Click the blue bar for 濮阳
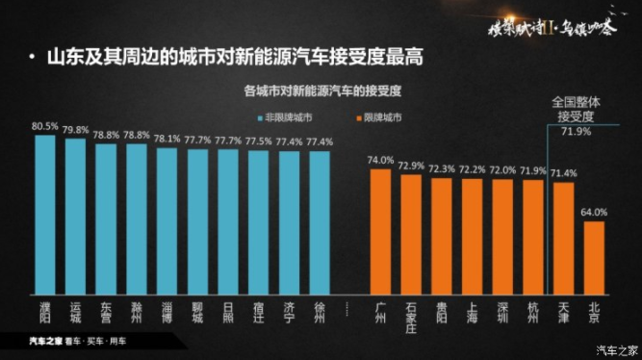pyautogui.click(x=44, y=214)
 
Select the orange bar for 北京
pyautogui.click(x=593, y=257)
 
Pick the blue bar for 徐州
pyautogui.click(x=320, y=221)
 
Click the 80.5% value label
pyautogui.click(x=44, y=126)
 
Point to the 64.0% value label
pyautogui.click(x=594, y=212)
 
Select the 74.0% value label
pyautogui.click(x=381, y=160)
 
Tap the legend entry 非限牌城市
pyautogui.click(x=286, y=116)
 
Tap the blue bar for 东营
pyautogui.click(x=106, y=219)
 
